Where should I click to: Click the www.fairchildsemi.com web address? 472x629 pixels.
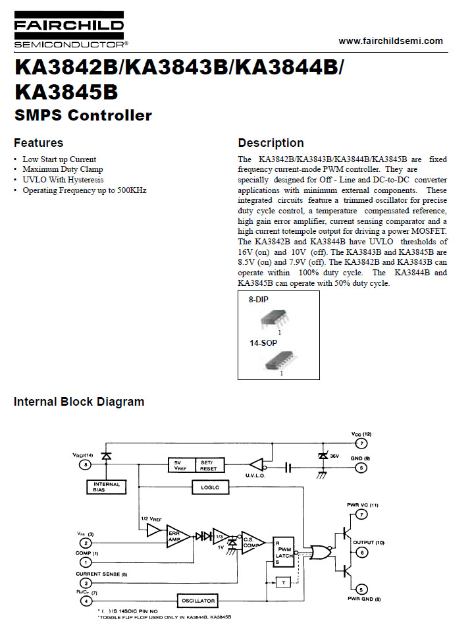pos(390,41)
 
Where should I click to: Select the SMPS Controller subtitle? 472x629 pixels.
pos(83,116)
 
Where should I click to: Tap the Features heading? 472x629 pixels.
pos(39,143)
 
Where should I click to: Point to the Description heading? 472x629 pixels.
pos(271,143)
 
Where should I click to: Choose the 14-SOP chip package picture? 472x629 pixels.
pos(280,360)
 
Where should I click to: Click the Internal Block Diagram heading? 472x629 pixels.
pos(79,402)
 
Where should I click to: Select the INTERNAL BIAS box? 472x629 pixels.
pos(106,487)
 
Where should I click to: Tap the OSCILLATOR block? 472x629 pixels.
pos(197,601)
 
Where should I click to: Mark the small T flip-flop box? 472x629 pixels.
pos(283,582)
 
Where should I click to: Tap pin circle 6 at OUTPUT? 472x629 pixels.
pos(361,553)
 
